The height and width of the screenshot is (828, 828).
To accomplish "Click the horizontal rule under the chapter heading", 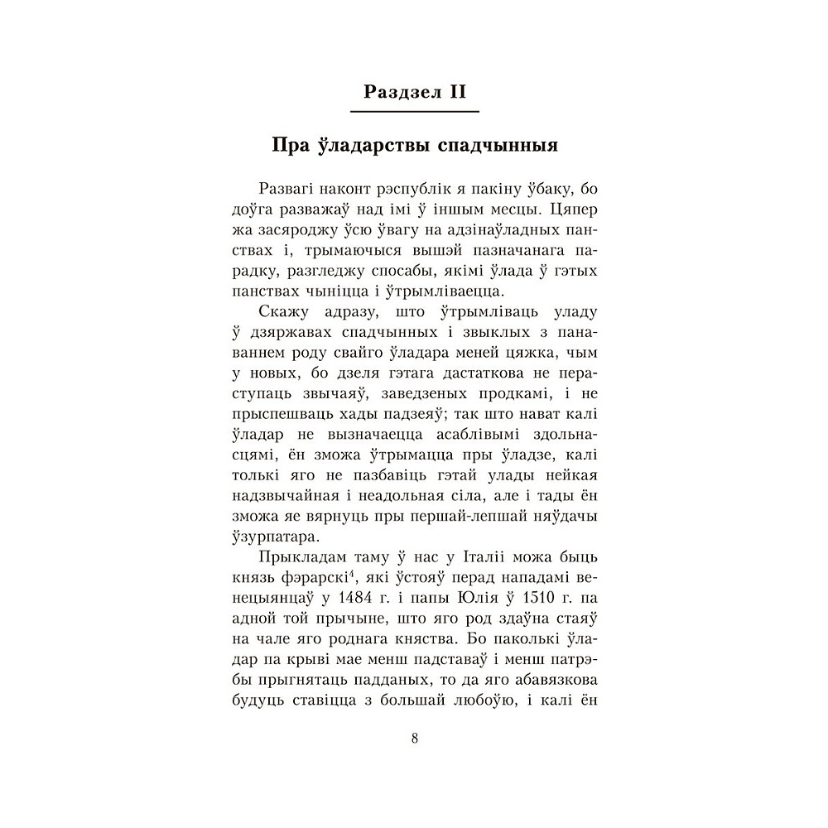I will [414, 110].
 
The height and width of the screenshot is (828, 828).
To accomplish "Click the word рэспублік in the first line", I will [407, 189].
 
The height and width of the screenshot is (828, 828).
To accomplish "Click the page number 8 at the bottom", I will [414, 739].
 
